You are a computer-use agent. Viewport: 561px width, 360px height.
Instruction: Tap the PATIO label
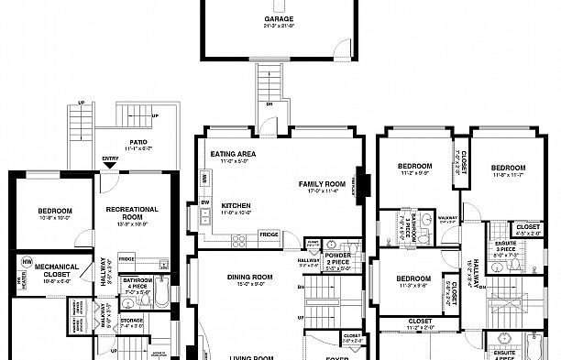[x=138, y=142]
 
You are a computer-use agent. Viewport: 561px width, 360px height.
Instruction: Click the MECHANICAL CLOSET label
[x=61, y=270]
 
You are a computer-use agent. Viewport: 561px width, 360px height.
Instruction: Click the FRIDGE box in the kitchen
[x=269, y=234]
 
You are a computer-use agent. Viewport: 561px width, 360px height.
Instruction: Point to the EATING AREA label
[x=232, y=154]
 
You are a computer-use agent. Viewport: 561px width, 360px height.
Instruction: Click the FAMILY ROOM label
[x=321, y=184]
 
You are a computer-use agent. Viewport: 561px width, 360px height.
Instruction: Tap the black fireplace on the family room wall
[x=364, y=183]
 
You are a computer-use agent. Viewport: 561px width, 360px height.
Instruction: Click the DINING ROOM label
[x=250, y=278]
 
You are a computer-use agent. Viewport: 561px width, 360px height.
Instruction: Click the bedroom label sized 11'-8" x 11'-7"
[x=507, y=169]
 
